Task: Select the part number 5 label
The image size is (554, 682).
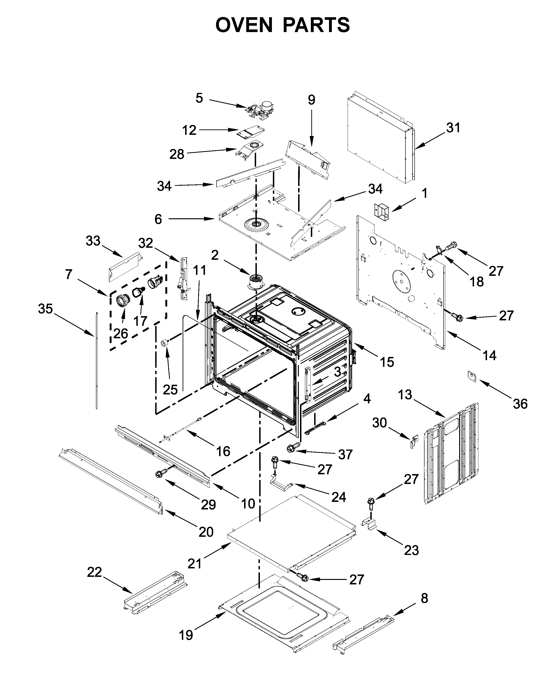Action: (199, 98)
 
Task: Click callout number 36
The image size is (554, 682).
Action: (520, 404)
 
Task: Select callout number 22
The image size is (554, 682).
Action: (95, 572)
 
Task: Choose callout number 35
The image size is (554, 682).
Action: (45, 309)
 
